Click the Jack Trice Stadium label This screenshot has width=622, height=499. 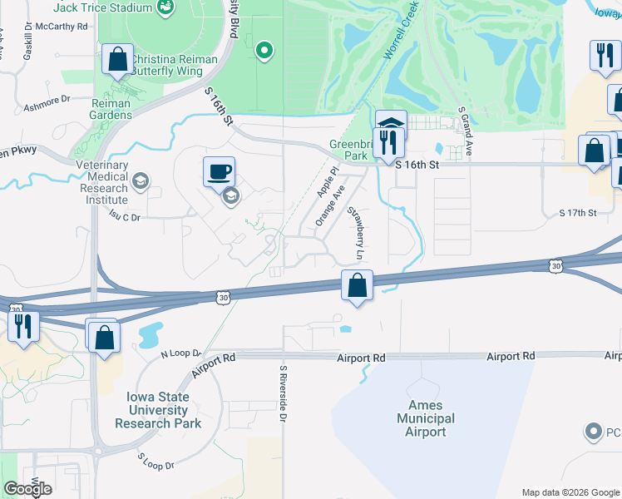(103, 7)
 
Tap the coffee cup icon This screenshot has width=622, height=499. (219, 172)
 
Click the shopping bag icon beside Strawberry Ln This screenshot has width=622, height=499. (357, 285)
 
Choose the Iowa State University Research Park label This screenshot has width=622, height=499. (158, 410)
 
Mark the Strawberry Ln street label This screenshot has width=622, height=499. (358, 235)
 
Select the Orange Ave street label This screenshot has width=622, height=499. (329, 205)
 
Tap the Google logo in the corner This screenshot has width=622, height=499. (27, 489)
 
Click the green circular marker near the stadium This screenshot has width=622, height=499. (264, 52)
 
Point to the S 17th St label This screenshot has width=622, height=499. (578, 214)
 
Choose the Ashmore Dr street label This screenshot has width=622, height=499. (47, 102)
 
